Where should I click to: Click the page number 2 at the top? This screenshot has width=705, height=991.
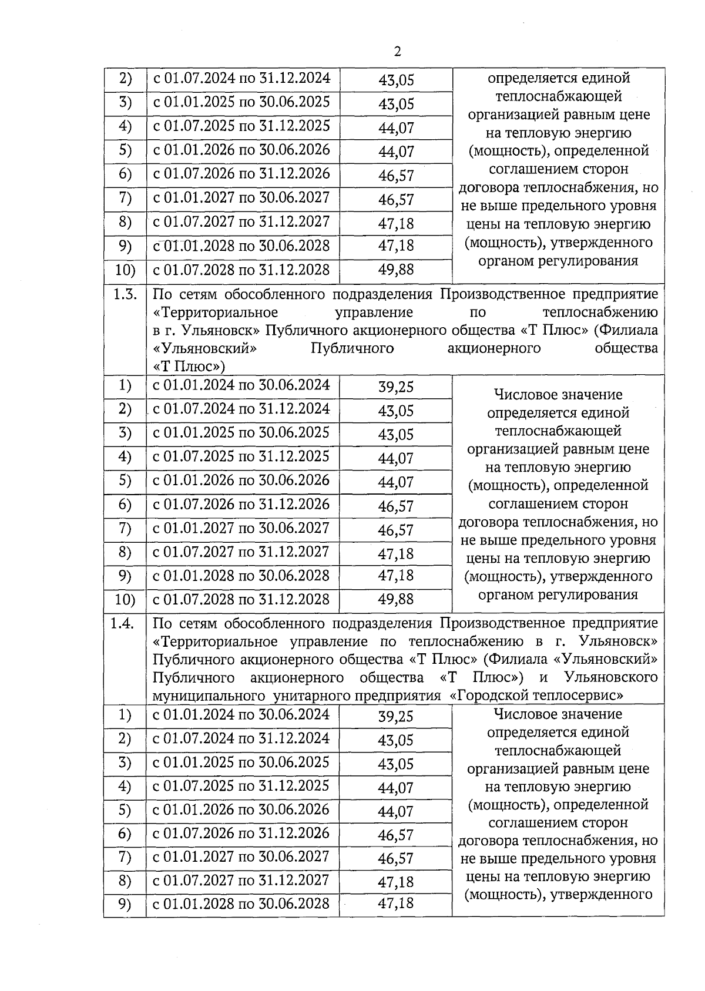pyautogui.click(x=398, y=52)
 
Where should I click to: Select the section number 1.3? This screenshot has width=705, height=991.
pyautogui.click(x=125, y=295)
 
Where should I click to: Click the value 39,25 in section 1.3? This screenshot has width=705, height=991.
pyautogui.click(x=396, y=387)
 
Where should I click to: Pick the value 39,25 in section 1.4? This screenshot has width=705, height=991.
pyautogui.click(x=396, y=717)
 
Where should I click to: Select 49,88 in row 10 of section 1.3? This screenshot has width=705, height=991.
pyautogui.click(x=396, y=599)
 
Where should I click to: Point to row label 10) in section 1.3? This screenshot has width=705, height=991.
pyautogui.click(x=125, y=599)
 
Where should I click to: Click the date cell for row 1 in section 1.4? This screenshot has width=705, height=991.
pyautogui.click(x=241, y=715)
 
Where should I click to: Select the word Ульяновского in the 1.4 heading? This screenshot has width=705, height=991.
pyautogui.click(x=610, y=677)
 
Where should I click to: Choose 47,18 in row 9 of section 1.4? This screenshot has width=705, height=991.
pyautogui.click(x=396, y=903)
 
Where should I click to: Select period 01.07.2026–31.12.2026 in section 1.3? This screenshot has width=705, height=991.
pyautogui.click(x=241, y=505)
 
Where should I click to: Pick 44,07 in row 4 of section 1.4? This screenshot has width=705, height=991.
pyautogui.click(x=396, y=788)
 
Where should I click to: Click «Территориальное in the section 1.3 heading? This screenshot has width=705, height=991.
pyautogui.click(x=215, y=313)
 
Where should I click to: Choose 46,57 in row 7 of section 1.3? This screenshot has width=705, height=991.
pyautogui.click(x=396, y=530)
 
